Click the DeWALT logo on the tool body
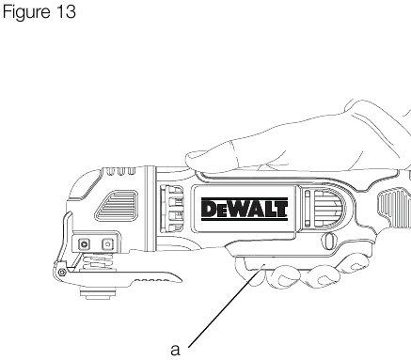coord(245,209)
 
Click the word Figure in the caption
coord(26,12)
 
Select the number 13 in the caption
coord(67,12)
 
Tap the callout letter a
coord(175,350)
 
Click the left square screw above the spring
coord(84,243)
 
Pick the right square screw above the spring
coord(107,243)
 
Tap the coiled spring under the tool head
coord(98,261)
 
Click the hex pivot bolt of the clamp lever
coord(62,273)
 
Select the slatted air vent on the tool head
coord(117,206)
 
